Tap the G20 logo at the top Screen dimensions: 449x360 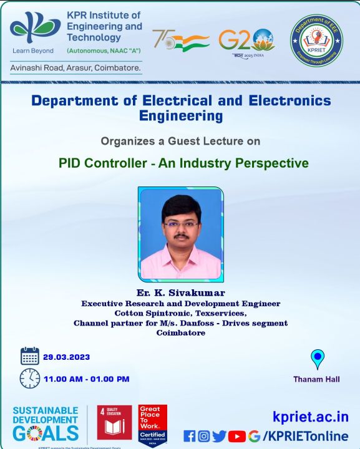[x=246, y=41]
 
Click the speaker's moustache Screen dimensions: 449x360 [x=180, y=237]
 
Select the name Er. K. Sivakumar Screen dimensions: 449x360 [x=180, y=292]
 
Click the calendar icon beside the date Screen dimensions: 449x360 [x=29, y=356]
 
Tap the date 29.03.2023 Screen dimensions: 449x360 [x=66, y=357]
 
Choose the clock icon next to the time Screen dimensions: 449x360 [x=29, y=378]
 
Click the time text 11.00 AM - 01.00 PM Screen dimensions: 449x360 [x=86, y=379]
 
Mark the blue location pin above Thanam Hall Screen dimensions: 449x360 [x=318, y=360]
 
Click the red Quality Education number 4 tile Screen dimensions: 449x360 [x=114, y=422]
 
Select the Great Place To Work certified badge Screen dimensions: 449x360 [x=152, y=423]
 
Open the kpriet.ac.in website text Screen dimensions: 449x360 [x=310, y=417]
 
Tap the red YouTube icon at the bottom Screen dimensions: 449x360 [x=237, y=436]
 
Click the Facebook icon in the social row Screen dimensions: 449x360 [x=189, y=436]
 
